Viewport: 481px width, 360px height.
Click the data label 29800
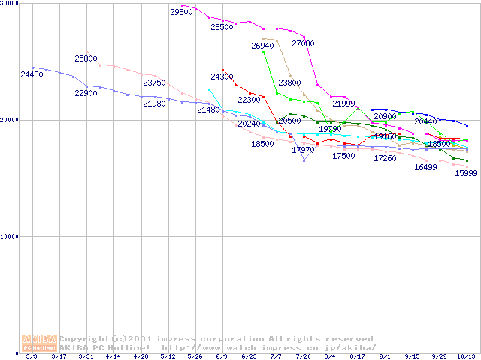[181, 12]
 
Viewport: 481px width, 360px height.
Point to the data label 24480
[32, 74]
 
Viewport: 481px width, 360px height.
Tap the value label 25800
[86, 58]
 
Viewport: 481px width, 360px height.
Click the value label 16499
[425, 167]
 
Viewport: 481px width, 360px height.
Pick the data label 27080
[304, 43]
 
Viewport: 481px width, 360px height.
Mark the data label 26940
[262, 46]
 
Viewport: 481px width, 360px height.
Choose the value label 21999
[343, 103]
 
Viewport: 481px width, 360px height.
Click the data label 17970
[304, 150]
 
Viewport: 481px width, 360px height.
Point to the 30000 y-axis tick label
[10, 4]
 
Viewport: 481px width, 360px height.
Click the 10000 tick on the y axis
[10, 236]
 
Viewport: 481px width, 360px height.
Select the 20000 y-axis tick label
[10, 120]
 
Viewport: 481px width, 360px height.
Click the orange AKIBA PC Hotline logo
[39, 343]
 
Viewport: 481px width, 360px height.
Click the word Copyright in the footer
[86, 338]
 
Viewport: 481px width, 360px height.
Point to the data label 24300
[222, 76]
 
